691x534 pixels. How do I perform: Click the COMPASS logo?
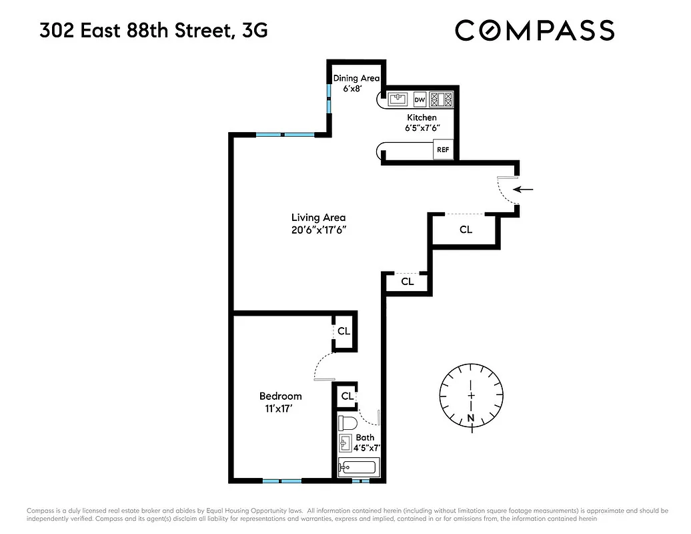pos(534,31)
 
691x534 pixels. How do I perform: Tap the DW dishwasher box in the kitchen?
pos(420,100)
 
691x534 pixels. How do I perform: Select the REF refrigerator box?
pos(442,150)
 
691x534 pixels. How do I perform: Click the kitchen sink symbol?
pos(398,100)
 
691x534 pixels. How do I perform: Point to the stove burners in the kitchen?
pos(441,100)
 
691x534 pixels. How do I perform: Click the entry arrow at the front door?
pos(526,190)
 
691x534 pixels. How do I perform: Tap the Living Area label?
pos(318,218)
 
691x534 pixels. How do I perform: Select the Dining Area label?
pos(356,79)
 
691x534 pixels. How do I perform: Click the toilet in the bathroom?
pos(348,423)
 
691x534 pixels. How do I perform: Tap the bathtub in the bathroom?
pos(359,467)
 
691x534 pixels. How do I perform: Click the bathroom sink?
pos(345,443)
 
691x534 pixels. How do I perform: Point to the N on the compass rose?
pos(472,419)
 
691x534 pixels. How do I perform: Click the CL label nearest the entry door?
pos(466,230)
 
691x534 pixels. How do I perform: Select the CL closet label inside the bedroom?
pos(343,331)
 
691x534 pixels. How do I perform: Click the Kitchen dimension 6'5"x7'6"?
pos(422,129)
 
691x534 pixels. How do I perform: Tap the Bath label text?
pos(365,438)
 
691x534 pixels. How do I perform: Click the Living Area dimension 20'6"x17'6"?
pos(318,230)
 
